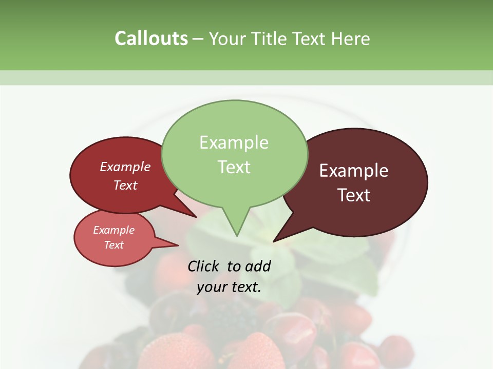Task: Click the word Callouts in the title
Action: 151,38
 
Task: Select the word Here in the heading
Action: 351,39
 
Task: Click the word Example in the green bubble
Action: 234,142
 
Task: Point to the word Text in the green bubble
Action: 234,167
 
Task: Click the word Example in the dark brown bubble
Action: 353,171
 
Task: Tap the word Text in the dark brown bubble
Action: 354,195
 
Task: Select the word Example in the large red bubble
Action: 125,167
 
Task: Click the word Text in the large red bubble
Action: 125,186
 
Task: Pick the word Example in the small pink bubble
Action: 113,230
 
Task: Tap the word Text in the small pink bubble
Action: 113,245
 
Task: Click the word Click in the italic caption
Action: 204,266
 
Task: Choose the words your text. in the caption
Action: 229,287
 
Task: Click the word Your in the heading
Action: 226,39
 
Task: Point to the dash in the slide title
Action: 198,39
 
